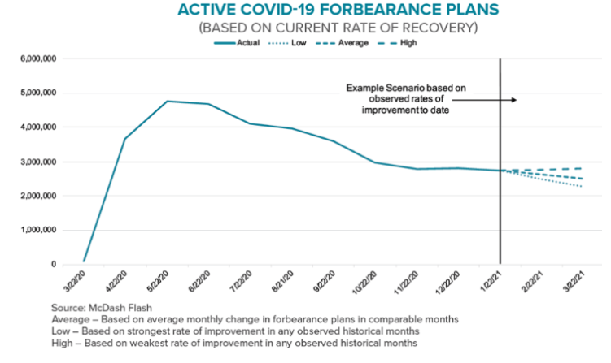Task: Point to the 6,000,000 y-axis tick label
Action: (x=34, y=59)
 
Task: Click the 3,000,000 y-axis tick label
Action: (x=34, y=162)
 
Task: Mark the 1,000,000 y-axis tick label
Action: (x=34, y=231)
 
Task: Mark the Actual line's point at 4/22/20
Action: (x=124, y=139)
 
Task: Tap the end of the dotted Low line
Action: (x=582, y=187)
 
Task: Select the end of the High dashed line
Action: (x=582, y=168)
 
